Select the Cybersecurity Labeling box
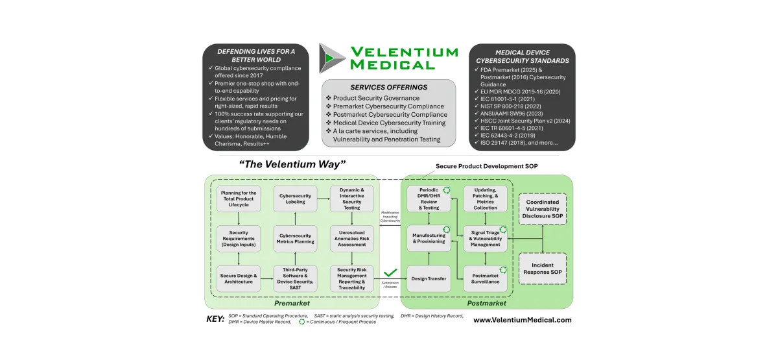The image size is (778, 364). click(x=296, y=199)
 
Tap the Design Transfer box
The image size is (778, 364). click(x=429, y=279)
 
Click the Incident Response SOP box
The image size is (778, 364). click(x=543, y=269)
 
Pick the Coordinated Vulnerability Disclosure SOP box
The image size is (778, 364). click(x=543, y=210)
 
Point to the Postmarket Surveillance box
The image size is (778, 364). click(x=485, y=279)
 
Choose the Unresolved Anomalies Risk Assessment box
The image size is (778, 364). click(x=351, y=238)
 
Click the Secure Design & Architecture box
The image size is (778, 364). click(x=239, y=279)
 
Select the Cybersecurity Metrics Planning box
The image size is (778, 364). click(x=296, y=238)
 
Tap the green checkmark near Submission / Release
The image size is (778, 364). click(x=390, y=274)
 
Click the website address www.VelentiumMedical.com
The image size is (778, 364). click(x=523, y=320)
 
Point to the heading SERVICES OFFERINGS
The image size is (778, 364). click(x=389, y=86)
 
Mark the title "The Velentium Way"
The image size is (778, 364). click(x=292, y=164)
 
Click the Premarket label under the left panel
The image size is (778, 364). click(x=292, y=303)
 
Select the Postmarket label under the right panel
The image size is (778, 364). click(x=487, y=303)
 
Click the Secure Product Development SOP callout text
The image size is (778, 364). click(x=487, y=166)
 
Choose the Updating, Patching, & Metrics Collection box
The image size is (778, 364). click(x=485, y=199)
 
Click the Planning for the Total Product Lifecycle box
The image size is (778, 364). click(x=239, y=199)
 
